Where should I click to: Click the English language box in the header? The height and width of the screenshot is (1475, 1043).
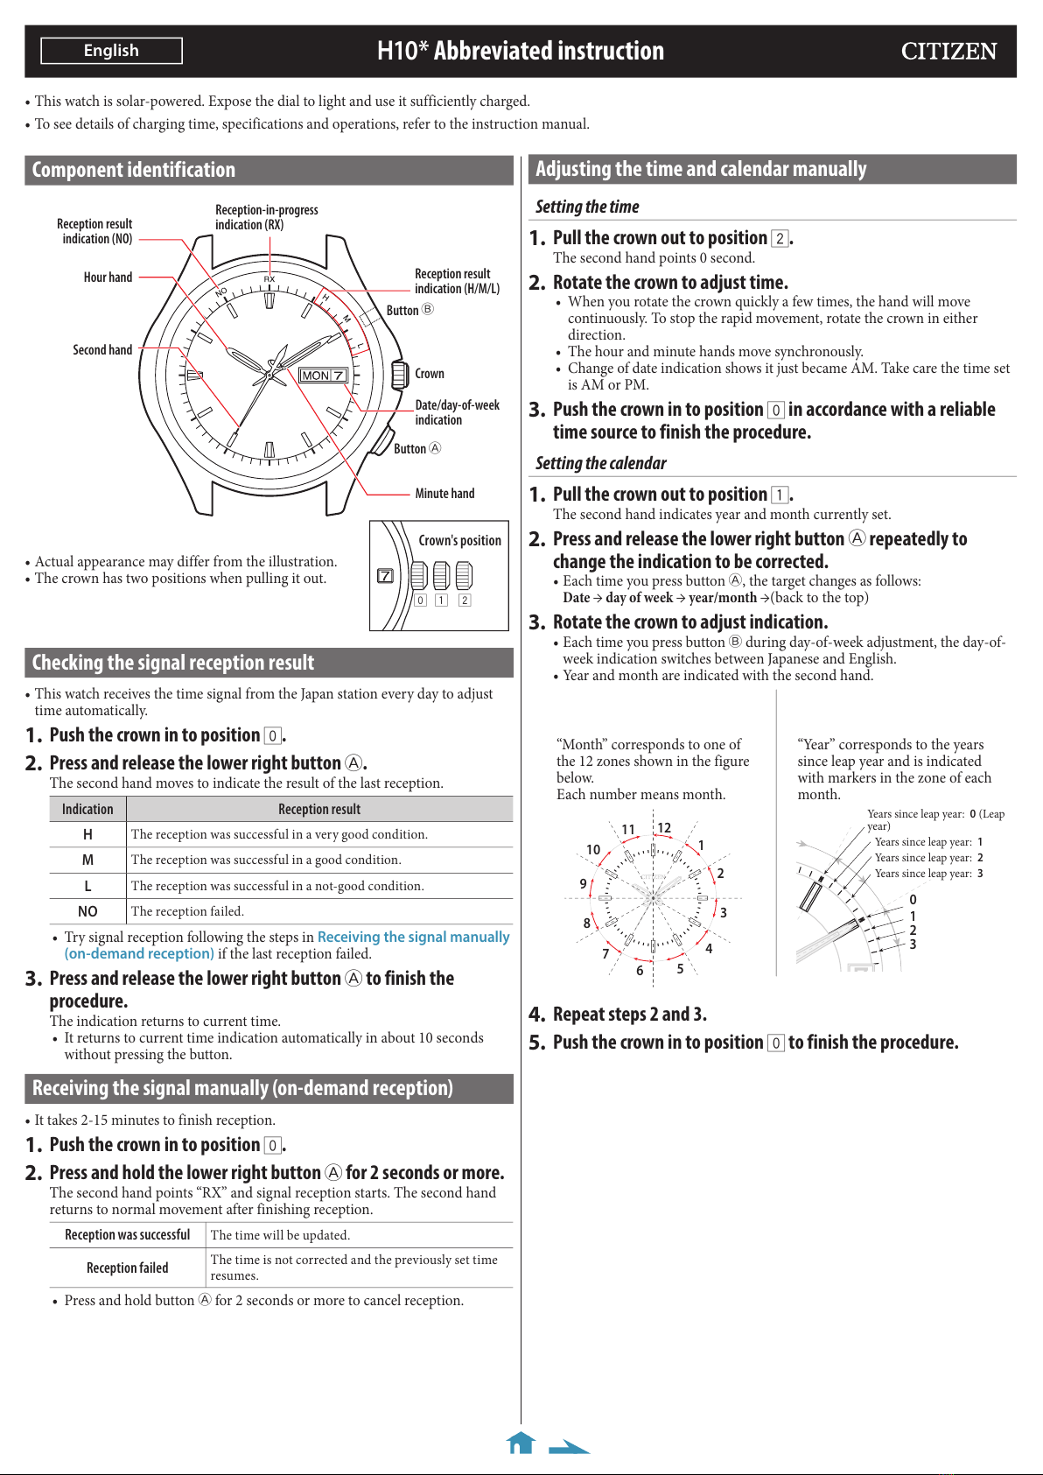(x=111, y=51)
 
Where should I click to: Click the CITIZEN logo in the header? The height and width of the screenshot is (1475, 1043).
(x=948, y=52)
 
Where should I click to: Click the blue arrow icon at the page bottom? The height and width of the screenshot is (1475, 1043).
(x=570, y=1446)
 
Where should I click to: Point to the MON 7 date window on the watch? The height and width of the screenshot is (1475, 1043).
(x=323, y=375)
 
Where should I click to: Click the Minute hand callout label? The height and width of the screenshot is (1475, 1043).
(x=444, y=493)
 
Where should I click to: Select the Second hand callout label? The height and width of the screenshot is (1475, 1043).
(x=102, y=349)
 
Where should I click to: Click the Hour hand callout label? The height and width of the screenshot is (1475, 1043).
(x=108, y=277)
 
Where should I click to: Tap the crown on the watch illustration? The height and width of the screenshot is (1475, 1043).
(x=399, y=375)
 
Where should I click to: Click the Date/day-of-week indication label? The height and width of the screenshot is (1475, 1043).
(x=457, y=412)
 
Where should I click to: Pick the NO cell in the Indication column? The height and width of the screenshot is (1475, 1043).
(x=87, y=911)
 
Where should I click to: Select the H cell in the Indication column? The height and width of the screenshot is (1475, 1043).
(x=87, y=834)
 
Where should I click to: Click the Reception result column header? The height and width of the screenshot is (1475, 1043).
(x=319, y=809)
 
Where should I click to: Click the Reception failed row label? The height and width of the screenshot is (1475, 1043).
(x=127, y=1268)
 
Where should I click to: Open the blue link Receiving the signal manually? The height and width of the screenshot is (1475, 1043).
(x=413, y=937)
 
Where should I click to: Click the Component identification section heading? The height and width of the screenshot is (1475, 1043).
(x=134, y=170)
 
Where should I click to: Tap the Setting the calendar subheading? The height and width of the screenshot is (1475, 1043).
(x=601, y=463)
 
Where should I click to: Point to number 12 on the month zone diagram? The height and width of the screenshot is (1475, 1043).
(x=664, y=828)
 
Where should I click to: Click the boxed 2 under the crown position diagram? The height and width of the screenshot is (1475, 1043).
(x=465, y=600)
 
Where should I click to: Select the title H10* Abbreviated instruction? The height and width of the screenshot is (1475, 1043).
(x=521, y=51)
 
